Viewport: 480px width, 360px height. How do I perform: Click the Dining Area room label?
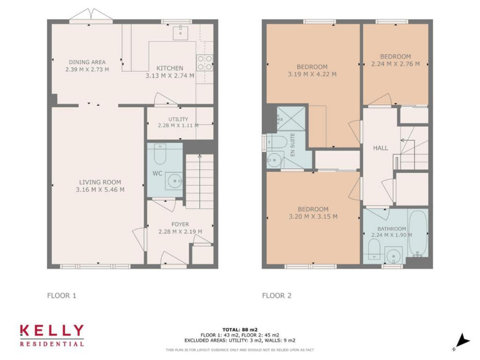[87, 62]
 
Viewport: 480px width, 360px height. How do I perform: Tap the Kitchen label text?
[170, 68]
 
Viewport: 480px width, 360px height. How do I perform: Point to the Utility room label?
[178, 119]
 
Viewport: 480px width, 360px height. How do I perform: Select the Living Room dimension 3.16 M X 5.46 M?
[100, 189]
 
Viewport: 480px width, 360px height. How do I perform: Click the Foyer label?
[180, 224]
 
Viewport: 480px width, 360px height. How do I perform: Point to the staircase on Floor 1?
[199, 181]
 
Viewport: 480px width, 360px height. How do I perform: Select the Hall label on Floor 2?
[380, 148]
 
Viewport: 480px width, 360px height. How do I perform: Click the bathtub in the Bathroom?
[417, 234]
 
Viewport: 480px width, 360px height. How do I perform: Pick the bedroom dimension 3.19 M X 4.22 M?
[312, 74]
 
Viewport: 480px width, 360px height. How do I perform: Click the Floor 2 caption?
[276, 296]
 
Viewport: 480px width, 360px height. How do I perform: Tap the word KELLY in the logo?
[51, 331]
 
